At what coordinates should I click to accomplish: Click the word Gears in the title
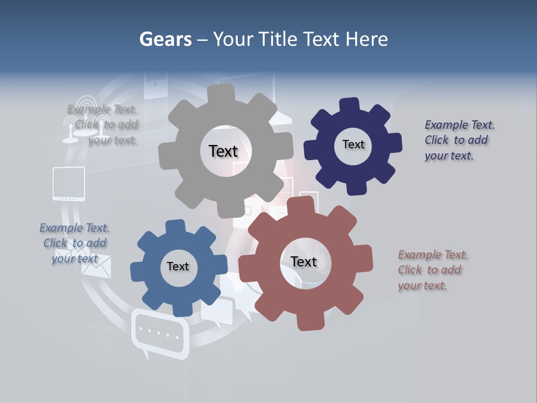[x=165, y=39]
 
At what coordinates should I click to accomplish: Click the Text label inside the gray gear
[x=223, y=151]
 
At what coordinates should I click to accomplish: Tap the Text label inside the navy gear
[x=353, y=144]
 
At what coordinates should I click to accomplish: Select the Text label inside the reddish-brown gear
[x=303, y=261]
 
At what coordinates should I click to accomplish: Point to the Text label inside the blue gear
[x=178, y=266]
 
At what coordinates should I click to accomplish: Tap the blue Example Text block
[x=74, y=243]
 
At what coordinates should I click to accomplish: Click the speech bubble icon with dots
[x=159, y=334]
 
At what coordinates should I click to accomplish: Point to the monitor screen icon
[x=68, y=183]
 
